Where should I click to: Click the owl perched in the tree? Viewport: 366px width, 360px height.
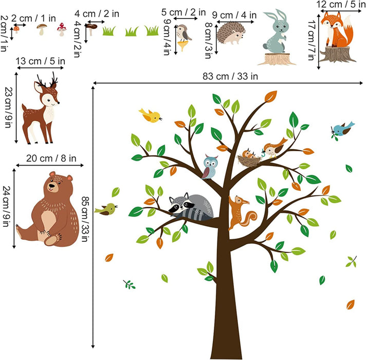[210, 167]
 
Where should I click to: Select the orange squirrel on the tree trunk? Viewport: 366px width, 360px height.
[238, 211]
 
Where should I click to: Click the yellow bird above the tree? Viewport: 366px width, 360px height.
[151, 116]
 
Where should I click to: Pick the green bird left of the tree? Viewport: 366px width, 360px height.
[108, 208]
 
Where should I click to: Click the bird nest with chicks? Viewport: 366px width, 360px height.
[250, 157]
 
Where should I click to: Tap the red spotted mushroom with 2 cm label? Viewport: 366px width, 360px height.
[16, 29]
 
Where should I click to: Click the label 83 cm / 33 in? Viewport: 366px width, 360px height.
[230, 76]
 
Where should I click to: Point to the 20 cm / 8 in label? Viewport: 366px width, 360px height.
[50, 158]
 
